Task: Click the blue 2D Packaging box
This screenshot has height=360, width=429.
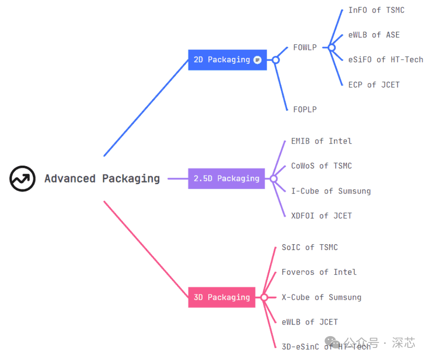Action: pos(222,60)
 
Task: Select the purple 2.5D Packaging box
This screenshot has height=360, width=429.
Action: pos(226,179)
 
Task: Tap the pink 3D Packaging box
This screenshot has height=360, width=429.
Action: pos(221,297)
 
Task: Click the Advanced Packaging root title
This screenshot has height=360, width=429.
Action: pos(102,179)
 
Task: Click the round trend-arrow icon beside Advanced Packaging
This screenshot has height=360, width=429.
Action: pos(22,179)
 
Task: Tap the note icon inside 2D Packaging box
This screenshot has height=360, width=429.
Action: pos(257,60)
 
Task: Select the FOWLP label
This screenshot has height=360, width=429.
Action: pos(305,47)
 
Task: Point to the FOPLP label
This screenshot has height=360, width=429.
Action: pos(305,109)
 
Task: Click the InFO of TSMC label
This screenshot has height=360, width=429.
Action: pos(376,10)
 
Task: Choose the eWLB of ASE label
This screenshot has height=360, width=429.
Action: pos(374,35)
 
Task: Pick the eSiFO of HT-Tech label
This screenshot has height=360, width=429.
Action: pos(385,60)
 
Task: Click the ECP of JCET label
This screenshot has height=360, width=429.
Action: pos(374,84)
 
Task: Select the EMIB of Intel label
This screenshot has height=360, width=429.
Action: pos(321,141)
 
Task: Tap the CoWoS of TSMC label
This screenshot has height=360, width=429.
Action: pos(321,166)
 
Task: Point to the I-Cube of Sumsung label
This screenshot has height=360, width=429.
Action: pos(331,191)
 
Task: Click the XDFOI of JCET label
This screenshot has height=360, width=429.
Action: pos(321,215)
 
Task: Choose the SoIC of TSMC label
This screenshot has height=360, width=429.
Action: pos(310,247)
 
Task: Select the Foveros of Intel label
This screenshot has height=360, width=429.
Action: pos(319,272)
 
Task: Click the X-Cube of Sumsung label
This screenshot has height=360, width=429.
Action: pos(321,297)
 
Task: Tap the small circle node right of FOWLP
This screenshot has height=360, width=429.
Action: pos(332,47)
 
